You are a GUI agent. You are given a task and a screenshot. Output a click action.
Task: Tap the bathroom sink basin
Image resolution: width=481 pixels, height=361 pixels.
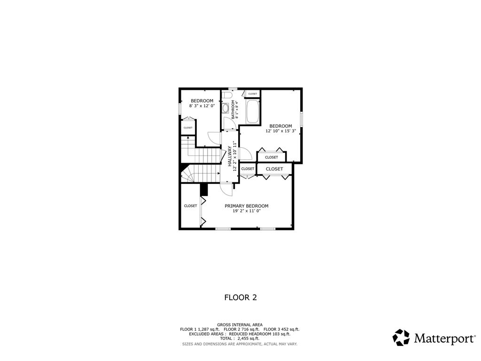point(225,108)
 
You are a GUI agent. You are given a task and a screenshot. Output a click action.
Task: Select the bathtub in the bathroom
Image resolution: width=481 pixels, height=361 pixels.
point(253,111)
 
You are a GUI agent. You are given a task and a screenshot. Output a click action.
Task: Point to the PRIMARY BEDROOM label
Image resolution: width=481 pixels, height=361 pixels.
point(246,206)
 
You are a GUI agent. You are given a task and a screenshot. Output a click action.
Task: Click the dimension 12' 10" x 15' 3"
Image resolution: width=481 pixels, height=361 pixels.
point(280,131)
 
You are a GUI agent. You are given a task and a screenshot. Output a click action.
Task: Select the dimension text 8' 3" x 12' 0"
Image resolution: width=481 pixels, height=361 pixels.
point(202,106)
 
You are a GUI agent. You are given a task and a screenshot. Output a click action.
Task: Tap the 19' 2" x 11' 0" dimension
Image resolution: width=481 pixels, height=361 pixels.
point(246,211)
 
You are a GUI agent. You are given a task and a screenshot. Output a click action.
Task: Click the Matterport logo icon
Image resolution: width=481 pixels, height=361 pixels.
point(401,337)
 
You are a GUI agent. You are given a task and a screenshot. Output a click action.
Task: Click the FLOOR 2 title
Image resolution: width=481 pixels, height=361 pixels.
point(240,297)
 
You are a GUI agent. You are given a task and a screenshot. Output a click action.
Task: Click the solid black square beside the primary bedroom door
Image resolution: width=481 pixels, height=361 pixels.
point(204,189)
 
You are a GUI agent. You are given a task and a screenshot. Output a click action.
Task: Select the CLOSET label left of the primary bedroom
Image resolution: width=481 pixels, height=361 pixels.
point(190,206)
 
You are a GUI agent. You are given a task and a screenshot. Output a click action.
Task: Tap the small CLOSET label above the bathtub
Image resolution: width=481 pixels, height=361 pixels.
point(253,94)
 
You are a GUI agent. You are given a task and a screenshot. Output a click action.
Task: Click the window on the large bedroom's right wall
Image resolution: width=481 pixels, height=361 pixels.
point(302,119)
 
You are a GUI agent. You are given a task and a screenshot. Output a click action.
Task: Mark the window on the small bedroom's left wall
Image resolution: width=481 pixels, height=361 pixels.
point(180,108)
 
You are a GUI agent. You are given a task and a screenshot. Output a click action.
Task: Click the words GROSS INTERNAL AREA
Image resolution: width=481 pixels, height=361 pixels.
point(240,324)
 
